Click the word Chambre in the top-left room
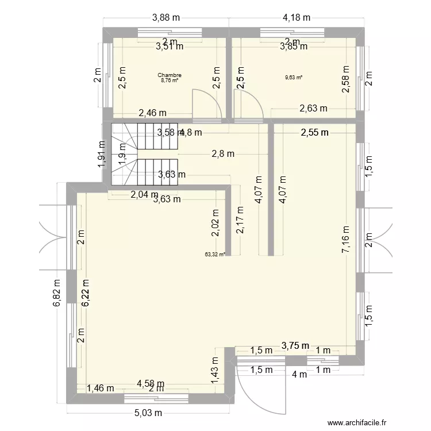(x=170, y=75)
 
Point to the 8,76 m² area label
(x=170, y=80)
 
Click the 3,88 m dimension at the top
(x=166, y=18)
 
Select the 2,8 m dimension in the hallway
(x=222, y=153)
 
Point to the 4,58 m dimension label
(x=151, y=383)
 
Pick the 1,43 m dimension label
(x=215, y=371)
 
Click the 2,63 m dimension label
(x=313, y=107)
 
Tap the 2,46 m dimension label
(x=152, y=113)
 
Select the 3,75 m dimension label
(x=295, y=345)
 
